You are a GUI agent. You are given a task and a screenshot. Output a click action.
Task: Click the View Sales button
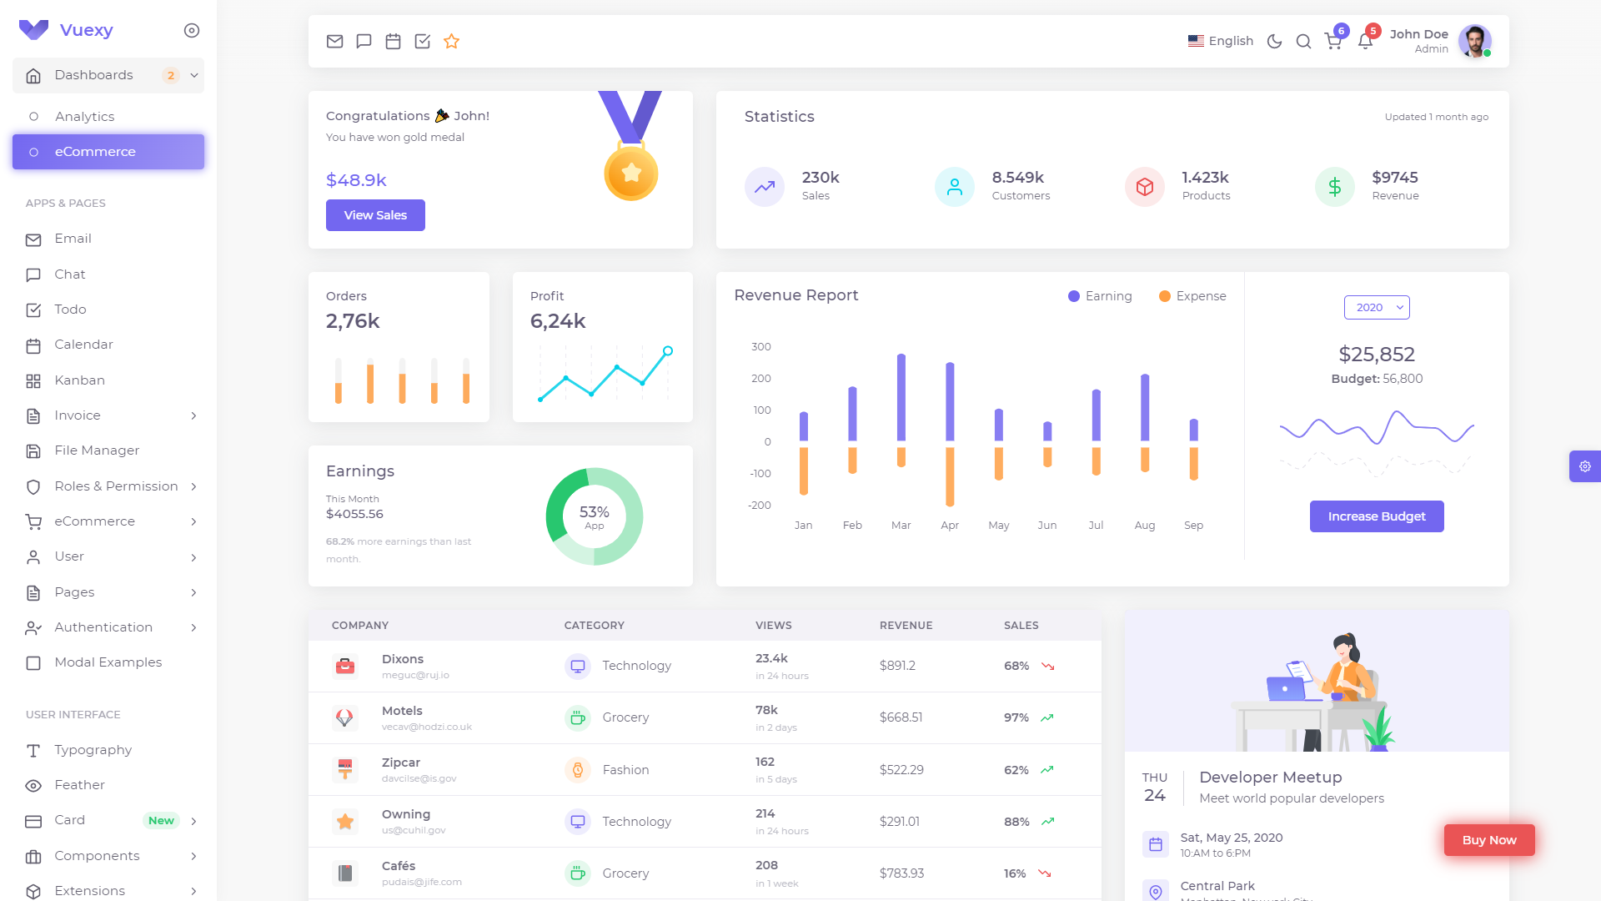(x=375, y=215)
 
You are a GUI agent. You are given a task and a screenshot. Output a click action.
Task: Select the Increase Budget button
(x=1376, y=516)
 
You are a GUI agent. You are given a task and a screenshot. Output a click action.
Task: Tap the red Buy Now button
(x=1488, y=840)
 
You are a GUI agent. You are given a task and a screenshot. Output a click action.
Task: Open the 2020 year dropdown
(x=1377, y=308)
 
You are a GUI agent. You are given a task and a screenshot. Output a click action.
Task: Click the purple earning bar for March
(x=901, y=398)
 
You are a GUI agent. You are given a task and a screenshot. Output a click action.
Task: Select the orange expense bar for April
(x=950, y=476)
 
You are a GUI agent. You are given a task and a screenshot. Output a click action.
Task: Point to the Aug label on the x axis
(x=1145, y=526)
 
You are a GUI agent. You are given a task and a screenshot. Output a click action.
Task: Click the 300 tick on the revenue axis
(x=761, y=347)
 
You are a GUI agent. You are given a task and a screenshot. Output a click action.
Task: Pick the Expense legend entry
(x=1192, y=296)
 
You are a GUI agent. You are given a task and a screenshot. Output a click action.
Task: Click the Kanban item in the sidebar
(x=79, y=380)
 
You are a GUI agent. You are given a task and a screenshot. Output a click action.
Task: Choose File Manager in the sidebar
(x=97, y=450)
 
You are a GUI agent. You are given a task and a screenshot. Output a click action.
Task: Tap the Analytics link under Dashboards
(x=84, y=117)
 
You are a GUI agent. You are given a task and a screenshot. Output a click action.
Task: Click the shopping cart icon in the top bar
(x=1333, y=42)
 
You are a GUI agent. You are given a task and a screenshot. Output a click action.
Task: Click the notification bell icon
(x=1365, y=42)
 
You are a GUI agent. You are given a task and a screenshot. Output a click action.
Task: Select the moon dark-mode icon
(x=1274, y=42)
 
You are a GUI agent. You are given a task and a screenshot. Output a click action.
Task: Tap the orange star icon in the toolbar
(x=451, y=42)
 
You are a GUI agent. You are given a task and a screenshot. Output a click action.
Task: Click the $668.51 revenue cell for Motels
(x=901, y=717)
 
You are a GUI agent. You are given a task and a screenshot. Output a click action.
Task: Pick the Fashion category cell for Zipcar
(x=625, y=770)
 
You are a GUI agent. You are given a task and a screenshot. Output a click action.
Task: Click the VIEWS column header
(x=773, y=626)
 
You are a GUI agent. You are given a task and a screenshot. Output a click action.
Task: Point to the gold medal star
(x=631, y=173)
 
